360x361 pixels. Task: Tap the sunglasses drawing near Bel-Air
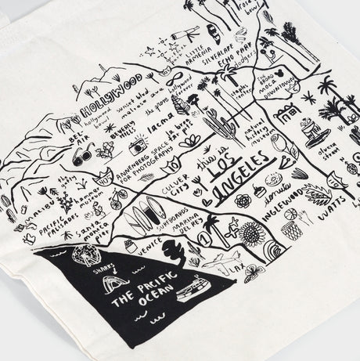81,155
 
